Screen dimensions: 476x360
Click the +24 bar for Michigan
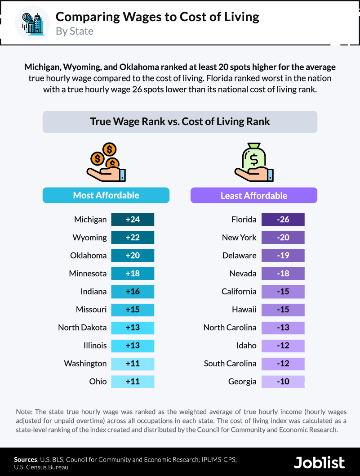pos(133,220)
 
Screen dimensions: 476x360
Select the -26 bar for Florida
pos(283,220)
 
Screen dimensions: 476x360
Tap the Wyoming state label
pos(90,238)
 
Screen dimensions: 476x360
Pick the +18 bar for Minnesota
pos(133,274)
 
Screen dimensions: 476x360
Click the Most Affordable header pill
pos(106,195)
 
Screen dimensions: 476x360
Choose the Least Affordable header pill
pos(254,196)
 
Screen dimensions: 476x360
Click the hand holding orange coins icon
pos(107,163)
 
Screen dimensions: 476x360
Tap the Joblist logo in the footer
pos(320,462)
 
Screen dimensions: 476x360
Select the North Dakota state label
pos(82,328)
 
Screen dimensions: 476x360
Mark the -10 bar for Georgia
pos(283,382)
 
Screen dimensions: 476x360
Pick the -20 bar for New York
pos(283,238)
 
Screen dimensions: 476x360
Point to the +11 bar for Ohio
pos(133,382)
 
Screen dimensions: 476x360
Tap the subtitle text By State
pos(75,31)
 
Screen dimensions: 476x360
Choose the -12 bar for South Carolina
pos(283,364)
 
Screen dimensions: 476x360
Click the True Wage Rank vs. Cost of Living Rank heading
pos(180,121)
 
